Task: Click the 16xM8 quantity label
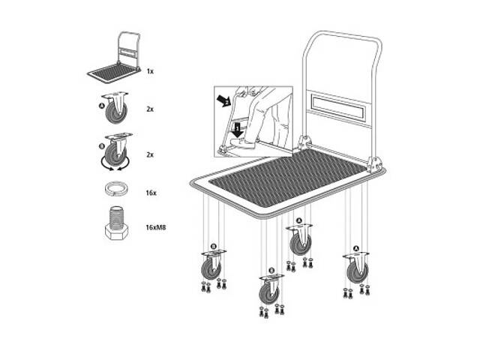click(156, 227)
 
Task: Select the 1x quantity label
click(150, 71)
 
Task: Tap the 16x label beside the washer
click(151, 193)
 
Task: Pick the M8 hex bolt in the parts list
click(116, 223)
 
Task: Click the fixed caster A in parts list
click(115, 108)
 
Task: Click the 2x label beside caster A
click(150, 109)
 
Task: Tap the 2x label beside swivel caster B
click(150, 154)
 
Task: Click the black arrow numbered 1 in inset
click(237, 130)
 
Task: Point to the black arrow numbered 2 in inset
click(223, 100)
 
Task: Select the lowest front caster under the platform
click(270, 289)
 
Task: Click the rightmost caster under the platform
click(357, 268)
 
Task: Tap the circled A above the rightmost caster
click(355, 248)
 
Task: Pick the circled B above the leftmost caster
click(214, 247)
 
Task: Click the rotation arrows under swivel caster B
click(115, 165)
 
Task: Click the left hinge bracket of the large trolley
click(305, 142)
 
